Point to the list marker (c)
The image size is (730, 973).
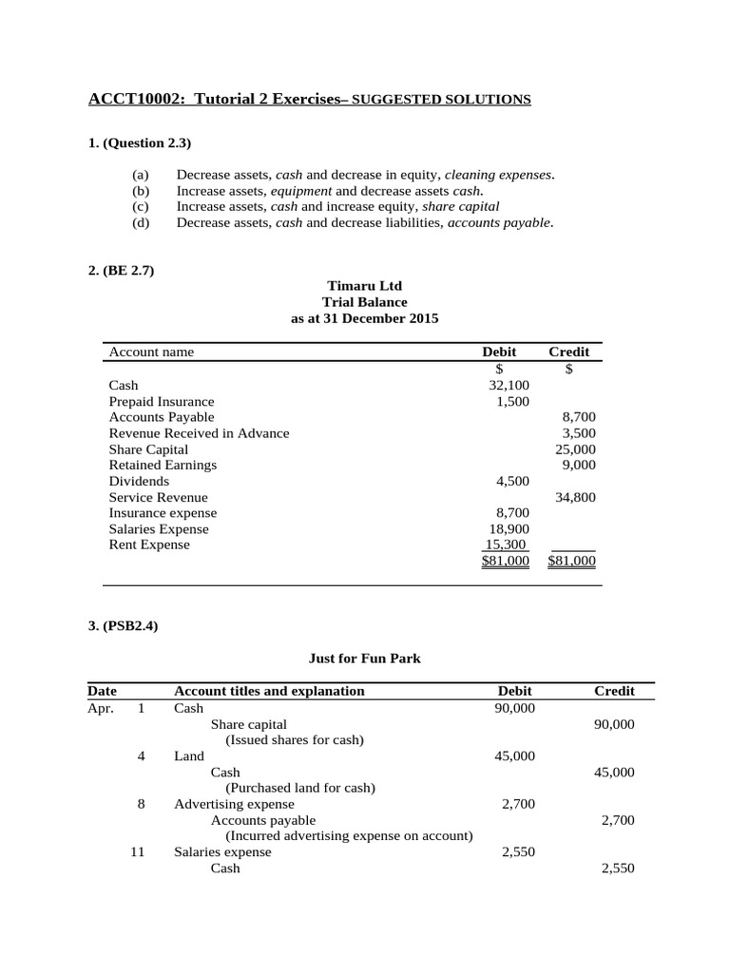point(141,206)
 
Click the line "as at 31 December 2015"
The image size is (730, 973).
point(364,318)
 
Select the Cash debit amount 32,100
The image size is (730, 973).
point(509,385)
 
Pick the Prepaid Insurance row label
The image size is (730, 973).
point(162,401)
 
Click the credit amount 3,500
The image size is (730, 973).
point(579,433)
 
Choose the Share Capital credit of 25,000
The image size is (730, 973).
point(575,449)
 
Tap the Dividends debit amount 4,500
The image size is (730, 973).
point(512,481)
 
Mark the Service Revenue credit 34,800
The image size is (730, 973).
point(575,497)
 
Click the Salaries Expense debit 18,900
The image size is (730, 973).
point(509,529)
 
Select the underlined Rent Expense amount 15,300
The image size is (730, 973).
point(507,545)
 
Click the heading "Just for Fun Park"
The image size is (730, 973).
point(364,657)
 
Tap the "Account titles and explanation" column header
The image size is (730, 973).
point(269,691)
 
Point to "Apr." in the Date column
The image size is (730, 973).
point(101,708)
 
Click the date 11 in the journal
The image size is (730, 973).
point(137,852)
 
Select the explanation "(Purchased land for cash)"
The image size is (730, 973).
point(299,788)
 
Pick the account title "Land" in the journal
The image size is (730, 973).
point(188,756)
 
